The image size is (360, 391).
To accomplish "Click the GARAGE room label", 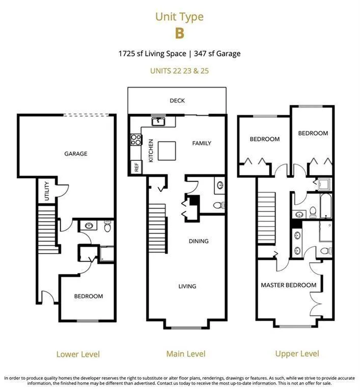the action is pos(76,154).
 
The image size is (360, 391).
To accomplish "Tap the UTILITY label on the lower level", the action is pos(47,191).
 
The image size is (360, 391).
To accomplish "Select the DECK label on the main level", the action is pos(177,100).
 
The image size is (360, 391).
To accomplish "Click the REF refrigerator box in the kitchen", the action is pos(136,167).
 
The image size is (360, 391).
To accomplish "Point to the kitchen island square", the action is pos(167,151).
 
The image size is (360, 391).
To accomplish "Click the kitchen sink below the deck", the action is pos(158,122).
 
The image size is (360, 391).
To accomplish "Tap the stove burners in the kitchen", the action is pos(136,139).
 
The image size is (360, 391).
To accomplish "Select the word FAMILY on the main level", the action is pos(202,143).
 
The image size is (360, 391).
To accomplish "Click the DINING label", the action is pos(199,241).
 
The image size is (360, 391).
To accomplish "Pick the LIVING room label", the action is pos(187,286).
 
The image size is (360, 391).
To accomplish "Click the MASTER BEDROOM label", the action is pos(288,285).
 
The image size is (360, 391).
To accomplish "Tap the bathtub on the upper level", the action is pos(325,206).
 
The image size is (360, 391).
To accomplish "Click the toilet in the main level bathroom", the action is pos(219,205).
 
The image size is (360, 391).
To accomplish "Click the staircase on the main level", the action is pos(158,229).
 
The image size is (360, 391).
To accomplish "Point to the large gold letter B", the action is pos(180,34).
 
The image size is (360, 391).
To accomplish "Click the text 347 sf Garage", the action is pos(217,53).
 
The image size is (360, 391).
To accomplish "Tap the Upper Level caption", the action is pos(297,354).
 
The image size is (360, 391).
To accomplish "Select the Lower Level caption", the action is pos(78,354).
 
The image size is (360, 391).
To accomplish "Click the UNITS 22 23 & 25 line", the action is pos(179,71).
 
